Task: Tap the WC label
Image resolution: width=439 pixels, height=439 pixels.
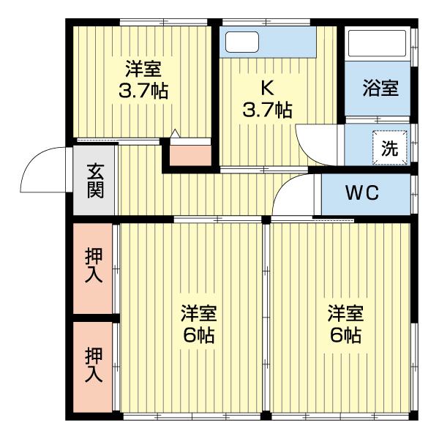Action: (361, 193)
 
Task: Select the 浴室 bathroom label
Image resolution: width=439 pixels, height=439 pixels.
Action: (380, 89)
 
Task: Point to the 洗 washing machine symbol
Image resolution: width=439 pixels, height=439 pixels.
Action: (389, 146)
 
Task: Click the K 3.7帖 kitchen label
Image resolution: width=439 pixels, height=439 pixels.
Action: (267, 100)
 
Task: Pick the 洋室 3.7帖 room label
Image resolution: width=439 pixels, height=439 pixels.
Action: (143, 80)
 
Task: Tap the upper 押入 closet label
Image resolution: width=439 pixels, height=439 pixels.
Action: (94, 267)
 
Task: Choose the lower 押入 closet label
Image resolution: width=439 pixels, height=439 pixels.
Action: (94, 367)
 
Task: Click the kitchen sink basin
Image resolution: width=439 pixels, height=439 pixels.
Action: (242, 42)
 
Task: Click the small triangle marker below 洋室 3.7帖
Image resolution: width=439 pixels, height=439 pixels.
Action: (175, 133)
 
